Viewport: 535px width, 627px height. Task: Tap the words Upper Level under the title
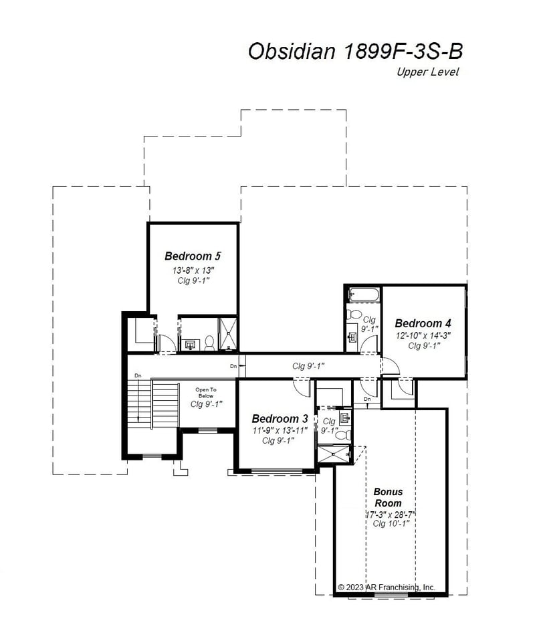point(427,72)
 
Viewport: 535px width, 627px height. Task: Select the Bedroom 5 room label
point(193,256)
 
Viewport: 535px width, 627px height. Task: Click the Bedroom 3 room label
point(280,419)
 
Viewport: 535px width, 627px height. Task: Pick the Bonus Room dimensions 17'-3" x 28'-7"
point(390,515)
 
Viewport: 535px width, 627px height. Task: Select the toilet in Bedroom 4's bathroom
point(355,314)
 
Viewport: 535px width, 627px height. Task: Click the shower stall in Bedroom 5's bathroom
point(228,333)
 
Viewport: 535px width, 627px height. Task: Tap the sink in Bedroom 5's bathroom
point(190,345)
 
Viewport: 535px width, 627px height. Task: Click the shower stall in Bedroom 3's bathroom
point(332,454)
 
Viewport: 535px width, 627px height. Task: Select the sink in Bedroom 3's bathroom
point(344,419)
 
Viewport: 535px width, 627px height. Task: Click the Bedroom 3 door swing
point(302,387)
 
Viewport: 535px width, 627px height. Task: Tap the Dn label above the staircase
point(138,375)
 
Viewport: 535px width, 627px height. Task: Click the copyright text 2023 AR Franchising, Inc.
point(387,587)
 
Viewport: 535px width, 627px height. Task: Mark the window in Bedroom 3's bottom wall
point(276,471)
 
